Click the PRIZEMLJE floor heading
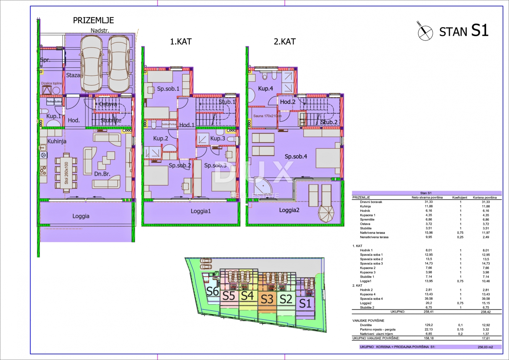pyautogui.click(x=93, y=20)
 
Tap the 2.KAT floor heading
pyautogui.click(x=285, y=42)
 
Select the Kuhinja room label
pyautogui.click(x=57, y=141)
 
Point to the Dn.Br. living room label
pyautogui.click(x=102, y=174)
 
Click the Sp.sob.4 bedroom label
pyautogui.click(x=296, y=156)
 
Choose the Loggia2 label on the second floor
pyautogui.click(x=289, y=210)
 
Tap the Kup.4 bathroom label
pyautogui.click(x=266, y=89)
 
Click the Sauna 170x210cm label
pyautogui.click(x=267, y=116)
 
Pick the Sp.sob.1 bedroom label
pyautogui.click(x=168, y=89)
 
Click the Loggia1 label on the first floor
pyautogui.click(x=200, y=211)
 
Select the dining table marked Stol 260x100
pyautogui.click(x=66, y=173)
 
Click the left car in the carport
pyautogui.click(x=91, y=63)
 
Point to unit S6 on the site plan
pyautogui.click(x=212, y=291)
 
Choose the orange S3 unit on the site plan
pyautogui.click(x=267, y=299)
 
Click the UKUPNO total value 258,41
pyautogui.click(x=429, y=312)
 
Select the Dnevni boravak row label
pyautogui.click(x=371, y=202)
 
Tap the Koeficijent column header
pyautogui.click(x=460, y=198)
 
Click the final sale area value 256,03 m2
pyautogui.click(x=485, y=347)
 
